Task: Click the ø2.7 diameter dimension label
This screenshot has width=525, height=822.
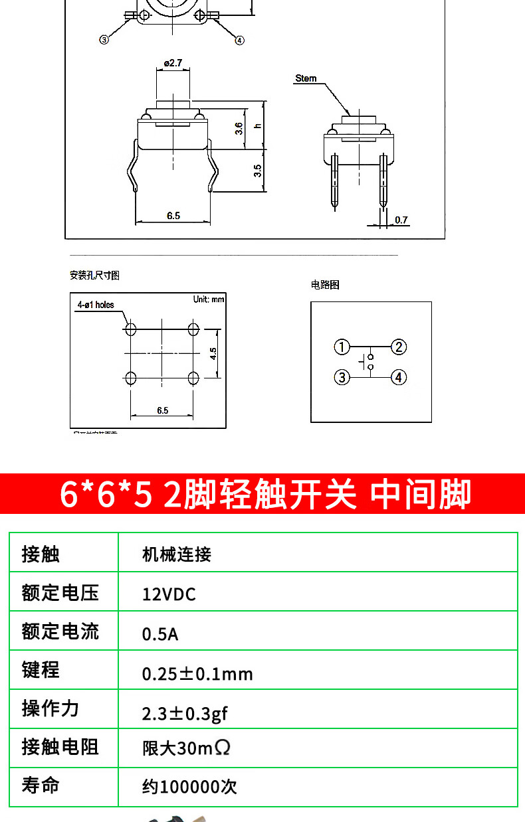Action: (x=173, y=63)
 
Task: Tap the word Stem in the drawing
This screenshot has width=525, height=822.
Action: (x=306, y=78)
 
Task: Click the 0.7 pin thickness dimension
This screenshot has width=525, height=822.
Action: (x=401, y=220)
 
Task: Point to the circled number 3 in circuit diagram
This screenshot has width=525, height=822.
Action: (x=342, y=377)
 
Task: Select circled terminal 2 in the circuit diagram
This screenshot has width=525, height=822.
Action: (x=398, y=347)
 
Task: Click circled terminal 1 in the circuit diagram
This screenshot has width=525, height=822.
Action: (x=342, y=347)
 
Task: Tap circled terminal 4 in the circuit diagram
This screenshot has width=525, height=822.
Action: (x=398, y=377)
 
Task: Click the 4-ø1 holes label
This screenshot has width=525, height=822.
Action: (x=96, y=305)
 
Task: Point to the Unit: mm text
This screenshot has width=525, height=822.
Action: (x=209, y=299)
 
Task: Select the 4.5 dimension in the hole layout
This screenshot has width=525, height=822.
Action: (x=213, y=353)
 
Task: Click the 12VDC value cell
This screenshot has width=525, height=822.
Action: (x=169, y=594)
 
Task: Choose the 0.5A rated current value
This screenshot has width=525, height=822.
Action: (x=160, y=634)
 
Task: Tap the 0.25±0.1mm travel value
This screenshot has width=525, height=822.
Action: (x=197, y=674)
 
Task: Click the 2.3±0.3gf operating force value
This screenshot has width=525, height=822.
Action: (x=185, y=714)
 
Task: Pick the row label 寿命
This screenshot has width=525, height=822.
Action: (x=41, y=785)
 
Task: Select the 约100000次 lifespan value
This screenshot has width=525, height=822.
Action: (x=189, y=787)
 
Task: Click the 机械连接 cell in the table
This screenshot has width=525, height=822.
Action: (x=177, y=554)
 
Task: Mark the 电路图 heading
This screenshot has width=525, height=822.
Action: (x=325, y=285)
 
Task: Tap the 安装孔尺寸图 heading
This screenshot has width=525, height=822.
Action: (x=94, y=275)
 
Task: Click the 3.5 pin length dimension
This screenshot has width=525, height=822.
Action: (x=258, y=171)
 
